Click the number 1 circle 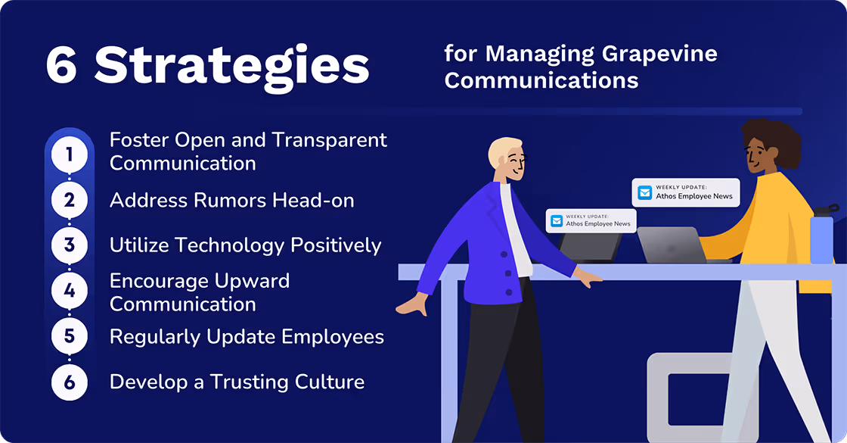click(x=70, y=155)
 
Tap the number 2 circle click(x=70, y=201)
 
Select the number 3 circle click(x=70, y=245)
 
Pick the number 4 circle click(x=70, y=291)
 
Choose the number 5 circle click(x=70, y=336)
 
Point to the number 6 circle click(x=70, y=382)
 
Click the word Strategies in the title click(x=231, y=67)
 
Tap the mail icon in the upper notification click(x=644, y=192)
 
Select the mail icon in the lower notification click(x=557, y=221)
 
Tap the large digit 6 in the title click(x=62, y=67)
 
